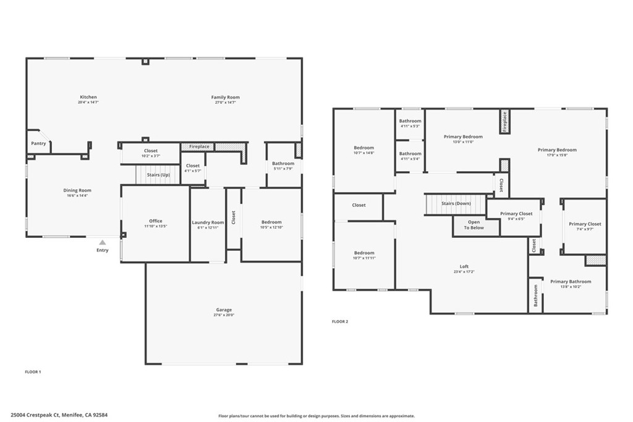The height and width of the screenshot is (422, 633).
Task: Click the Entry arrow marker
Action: [103, 243]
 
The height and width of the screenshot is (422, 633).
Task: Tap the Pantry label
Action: [38, 143]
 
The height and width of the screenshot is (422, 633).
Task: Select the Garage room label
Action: [224, 310]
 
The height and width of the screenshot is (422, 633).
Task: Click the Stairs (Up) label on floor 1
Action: [158, 175]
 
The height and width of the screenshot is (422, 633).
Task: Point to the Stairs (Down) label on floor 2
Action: [456, 203]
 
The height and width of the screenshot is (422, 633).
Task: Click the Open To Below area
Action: [474, 225]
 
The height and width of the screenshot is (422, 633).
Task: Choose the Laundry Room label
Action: [208, 222]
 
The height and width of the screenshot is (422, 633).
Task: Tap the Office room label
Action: [155, 221]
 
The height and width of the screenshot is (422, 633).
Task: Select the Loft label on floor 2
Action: [464, 266]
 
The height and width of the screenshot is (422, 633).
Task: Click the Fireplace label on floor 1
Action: [199, 146]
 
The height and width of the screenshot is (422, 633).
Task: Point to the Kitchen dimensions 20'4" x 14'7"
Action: [88, 103]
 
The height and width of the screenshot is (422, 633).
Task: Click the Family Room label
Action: [225, 97]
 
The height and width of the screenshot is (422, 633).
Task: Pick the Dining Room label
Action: [77, 190]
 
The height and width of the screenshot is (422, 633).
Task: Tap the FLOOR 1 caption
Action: [32, 372]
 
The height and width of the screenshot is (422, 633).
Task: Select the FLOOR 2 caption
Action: [340, 321]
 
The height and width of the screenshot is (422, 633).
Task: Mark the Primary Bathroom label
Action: [571, 282]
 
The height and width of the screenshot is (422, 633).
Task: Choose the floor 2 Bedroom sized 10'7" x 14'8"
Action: [363, 148]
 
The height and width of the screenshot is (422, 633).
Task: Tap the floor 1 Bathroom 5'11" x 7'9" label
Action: [283, 164]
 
